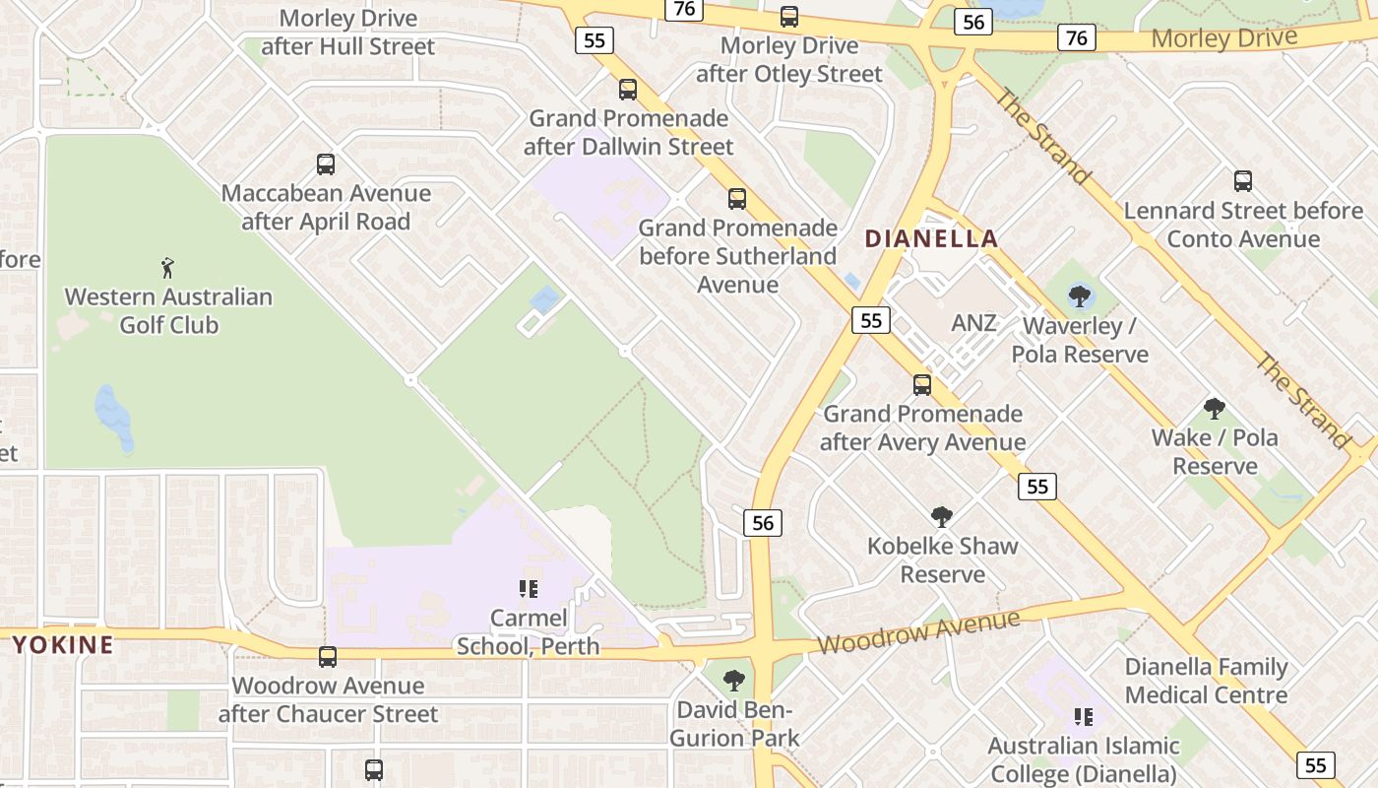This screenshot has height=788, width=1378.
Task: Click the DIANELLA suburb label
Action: [931, 238]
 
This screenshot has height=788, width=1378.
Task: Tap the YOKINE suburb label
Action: [62, 645]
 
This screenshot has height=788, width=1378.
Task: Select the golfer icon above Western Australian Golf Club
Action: [168, 267]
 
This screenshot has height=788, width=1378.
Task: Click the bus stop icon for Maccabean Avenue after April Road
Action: [326, 164]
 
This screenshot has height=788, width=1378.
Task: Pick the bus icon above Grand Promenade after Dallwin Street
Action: [628, 90]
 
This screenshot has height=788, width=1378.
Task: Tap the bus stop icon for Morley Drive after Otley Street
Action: [789, 17]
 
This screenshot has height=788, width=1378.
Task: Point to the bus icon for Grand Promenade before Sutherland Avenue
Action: [737, 199]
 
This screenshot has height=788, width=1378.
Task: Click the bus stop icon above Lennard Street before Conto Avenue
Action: [1243, 181]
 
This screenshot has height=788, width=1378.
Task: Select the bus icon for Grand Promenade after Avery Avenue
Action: [922, 385]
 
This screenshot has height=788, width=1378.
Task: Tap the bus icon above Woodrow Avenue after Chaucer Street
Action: [328, 657]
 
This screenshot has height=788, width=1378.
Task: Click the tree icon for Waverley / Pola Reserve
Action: [1080, 295]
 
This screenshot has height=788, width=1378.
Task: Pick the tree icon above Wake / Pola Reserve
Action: [1215, 409]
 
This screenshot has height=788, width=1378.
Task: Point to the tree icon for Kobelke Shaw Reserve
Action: [942, 516]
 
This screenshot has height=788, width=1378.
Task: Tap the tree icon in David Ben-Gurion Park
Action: [733, 680]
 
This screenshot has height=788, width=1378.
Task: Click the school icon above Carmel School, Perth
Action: [529, 589]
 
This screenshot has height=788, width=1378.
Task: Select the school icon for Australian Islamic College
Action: [1083, 716]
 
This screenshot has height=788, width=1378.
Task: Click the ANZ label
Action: [974, 323]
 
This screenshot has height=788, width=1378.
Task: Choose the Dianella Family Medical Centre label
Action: [1206, 681]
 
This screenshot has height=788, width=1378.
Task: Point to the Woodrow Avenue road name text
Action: [917, 631]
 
